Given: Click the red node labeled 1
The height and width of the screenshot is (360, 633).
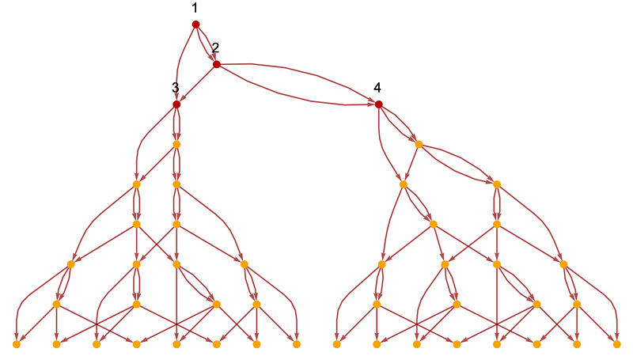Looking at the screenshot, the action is pyautogui.click(x=195, y=25).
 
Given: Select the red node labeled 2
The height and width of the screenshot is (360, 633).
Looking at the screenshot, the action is pyautogui.click(x=216, y=65).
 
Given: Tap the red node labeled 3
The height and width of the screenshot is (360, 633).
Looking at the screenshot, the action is pyautogui.click(x=176, y=104).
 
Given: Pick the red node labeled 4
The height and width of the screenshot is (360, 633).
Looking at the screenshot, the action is pyautogui.click(x=378, y=104).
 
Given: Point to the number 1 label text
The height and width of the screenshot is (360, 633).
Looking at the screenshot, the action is pyautogui.click(x=195, y=8).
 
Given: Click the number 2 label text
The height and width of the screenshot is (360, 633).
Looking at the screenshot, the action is pyautogui.click(x=215, y=48).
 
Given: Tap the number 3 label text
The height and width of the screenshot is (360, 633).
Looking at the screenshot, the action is pyautogui.click(x=175, y=88).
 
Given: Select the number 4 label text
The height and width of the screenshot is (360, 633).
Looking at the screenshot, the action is pyautogui.click(x=377, y=87).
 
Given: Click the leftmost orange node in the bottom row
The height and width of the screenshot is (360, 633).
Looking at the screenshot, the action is pyautogui.click(x=17, y=344).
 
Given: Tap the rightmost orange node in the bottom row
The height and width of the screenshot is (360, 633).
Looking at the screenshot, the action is pyautogui.click(x=616, y=344).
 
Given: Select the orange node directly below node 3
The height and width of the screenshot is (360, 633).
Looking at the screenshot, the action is pyautogui.click(x=176, y=145).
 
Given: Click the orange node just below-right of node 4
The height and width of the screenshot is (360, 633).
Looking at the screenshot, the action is pyautogui.click(x=419, y=145).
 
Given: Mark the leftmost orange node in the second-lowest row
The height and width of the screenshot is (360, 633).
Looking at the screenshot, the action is pyautogui.click(x=56, y=305).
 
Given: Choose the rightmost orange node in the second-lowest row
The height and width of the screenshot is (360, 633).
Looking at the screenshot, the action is pyautogui.click(x=577, y=305).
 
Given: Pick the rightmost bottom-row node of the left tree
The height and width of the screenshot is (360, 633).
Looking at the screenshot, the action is pyautogui.click(x=297, y=344).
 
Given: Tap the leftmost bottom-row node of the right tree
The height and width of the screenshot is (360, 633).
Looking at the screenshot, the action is pyautogui.click(x=337, y=344).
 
